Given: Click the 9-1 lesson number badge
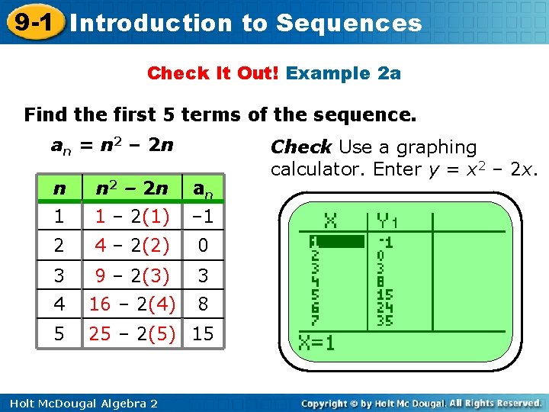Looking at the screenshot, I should pyautogui.click(x=31, y=22).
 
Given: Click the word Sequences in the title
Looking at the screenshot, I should pyautogui.click(x=348, y=23).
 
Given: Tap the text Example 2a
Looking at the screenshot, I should pyautogui.click(x=343, y=73).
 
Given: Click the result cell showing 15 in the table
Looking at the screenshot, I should pyautogui.click(x=203, y=333).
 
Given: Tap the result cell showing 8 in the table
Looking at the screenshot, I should pyautogui.click(x=203, y=304).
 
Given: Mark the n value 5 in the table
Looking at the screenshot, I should pyautogui.click(x=59, y=333).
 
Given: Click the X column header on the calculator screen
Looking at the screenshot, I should pyautogui.click(x=331, y=221).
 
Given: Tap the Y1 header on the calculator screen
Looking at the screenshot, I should pyautogui.click(x=387, y=221).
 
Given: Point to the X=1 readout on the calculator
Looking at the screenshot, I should pyautogui.click(x=317, y=343).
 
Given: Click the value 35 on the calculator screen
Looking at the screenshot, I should pyautogui.click(x=385, y=320).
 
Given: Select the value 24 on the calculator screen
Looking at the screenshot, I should pyautogui.click(x=385, y=307).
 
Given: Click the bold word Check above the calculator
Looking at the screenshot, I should pyautogui.click(x=301, y=146).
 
